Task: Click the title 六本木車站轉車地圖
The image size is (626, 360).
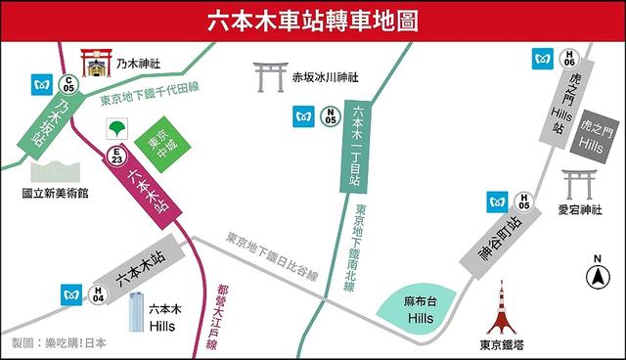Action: [x=312, y=21]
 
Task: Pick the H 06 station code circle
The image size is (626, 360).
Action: [x=569, y=58]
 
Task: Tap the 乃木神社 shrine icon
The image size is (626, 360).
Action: [x=96, y=65]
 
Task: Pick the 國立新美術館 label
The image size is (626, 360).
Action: [x=55, y=194]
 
